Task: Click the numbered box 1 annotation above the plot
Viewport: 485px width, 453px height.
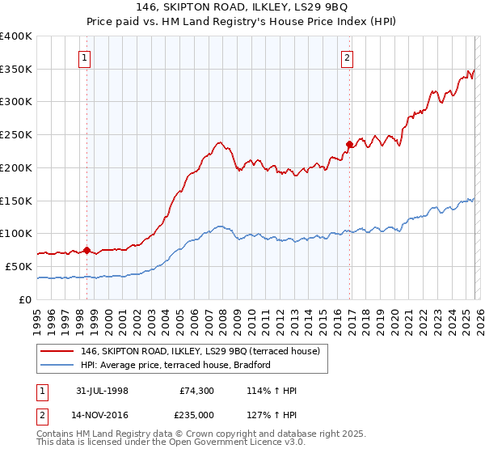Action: (x=85, y=57)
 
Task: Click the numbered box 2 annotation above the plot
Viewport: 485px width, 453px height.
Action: (x=347, y=57)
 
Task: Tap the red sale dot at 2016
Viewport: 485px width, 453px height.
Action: (x=349, y=145)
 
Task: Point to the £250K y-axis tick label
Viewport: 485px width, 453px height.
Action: (x=16, y=135)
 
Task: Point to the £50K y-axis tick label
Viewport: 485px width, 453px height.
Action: (x=19, y=266)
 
